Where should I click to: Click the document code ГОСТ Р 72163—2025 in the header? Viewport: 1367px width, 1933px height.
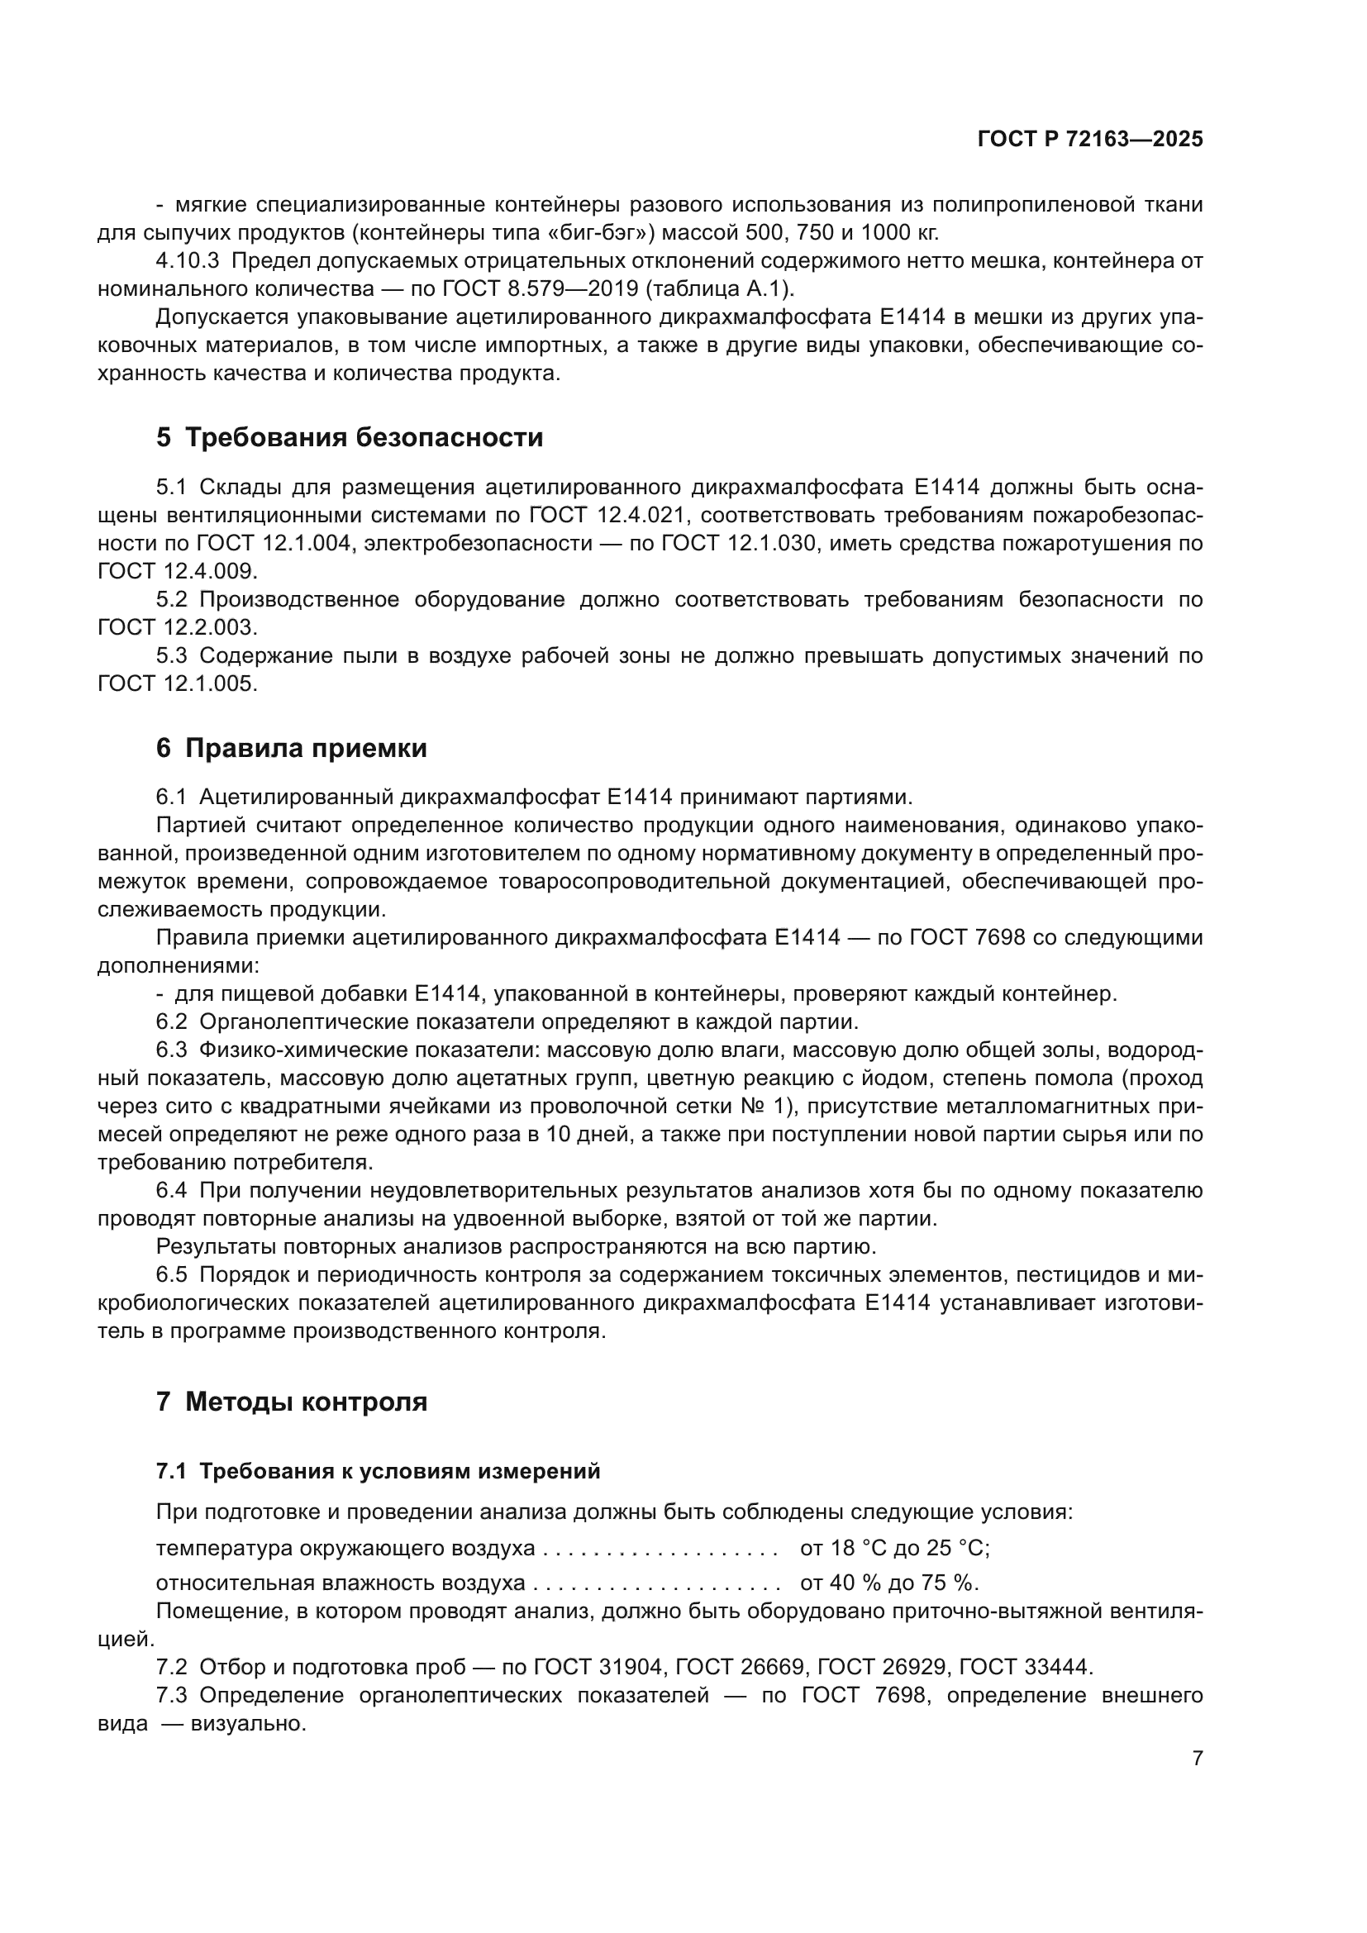[1090, 140]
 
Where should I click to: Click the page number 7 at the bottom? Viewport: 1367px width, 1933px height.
[1198, 1758]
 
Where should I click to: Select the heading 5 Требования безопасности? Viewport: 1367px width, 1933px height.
[350, 438]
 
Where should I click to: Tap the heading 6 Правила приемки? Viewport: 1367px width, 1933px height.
[291, 749]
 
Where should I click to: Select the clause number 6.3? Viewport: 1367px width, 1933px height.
[171, 1050]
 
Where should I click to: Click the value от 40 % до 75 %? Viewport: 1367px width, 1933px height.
[889, 1583]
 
